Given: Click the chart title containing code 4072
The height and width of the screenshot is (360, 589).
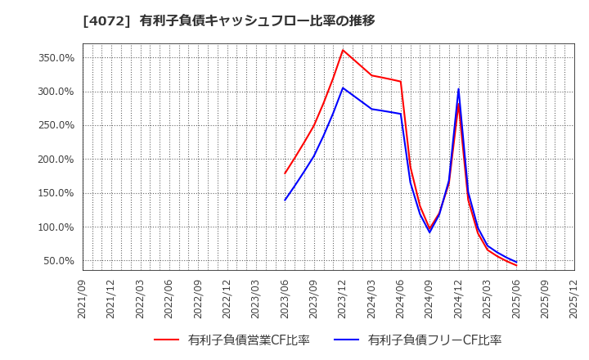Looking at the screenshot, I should pyautogui.click(x=228, y=20).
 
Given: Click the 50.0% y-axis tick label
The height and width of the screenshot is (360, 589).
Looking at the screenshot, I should pyautogui.click(x=59, y=261).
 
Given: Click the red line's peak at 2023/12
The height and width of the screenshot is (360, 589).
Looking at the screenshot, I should pyautogui.click(x=343, y=50).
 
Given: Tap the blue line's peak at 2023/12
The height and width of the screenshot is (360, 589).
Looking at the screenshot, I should pyautogui.click(x=343, y=88).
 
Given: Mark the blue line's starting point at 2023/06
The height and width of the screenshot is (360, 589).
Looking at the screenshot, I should pyautogui.click(x=286, y=200).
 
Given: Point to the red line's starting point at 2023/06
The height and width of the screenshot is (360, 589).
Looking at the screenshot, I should pyautogui.click(x=286, y=173).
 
